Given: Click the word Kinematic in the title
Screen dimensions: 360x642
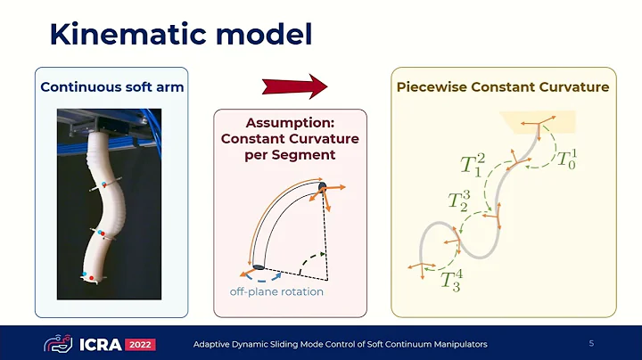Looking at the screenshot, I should coord(117,36).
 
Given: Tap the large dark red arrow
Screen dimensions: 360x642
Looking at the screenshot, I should coord(295,87).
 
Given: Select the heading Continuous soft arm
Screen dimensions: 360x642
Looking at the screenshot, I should coord(111,87).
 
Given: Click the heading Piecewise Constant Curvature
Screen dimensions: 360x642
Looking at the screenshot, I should coord(503,87).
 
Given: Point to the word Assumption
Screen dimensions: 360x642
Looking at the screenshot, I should coord(290,122).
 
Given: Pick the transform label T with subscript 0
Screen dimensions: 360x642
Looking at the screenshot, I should coord(566,160).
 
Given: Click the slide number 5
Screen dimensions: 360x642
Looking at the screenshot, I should coord(591,343).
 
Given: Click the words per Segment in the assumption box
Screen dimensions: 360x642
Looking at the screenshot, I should coord(290,155).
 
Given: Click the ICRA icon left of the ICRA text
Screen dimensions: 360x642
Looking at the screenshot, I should coord(59,344).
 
